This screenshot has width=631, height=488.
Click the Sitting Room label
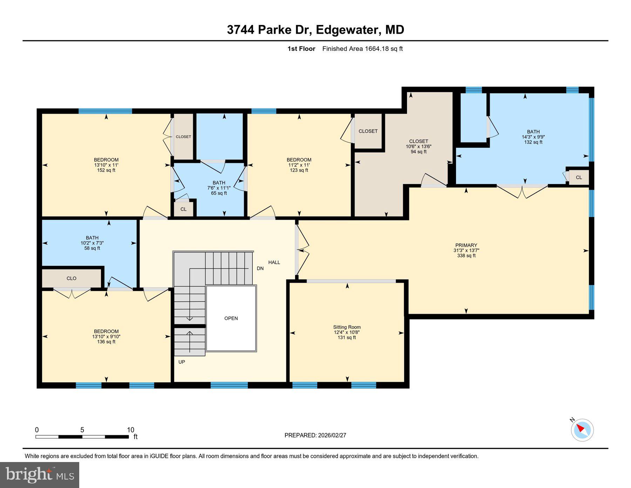pyautogui.click(x=347, y=327)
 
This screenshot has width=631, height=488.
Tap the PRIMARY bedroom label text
pyautogui.click(x=466, y=245)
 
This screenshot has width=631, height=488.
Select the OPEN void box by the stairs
pyautogui.click(x=231, y=318)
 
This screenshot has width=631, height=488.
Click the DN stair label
pyautogui.click(x=260, y=268)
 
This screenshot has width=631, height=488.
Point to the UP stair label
pyautogui.click(x=182, y=362)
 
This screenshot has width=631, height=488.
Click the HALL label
pyautogui.click(x=274, y=262)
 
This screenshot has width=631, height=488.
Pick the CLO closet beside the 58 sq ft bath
pyautogui.click(x=72, y=278)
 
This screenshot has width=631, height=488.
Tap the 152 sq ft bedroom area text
pyautogui.click(x=106, y=170)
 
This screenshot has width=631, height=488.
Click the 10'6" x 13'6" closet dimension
pyautogui.click(x=419, y=146)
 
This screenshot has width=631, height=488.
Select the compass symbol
pyautogui.click(x=582, y=430)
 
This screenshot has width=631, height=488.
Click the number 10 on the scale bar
pyautogui.click(x=130, y=430)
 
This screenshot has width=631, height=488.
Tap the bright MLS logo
pyautogui.click(x=40, y=475)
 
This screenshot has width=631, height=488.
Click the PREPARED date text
pyautogui.click(x=315, y=435)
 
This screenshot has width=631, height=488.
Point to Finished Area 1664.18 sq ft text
pyautogui.click(x=362, y=49)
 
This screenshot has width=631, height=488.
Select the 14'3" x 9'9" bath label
pyautogui.click(x=533, y=137)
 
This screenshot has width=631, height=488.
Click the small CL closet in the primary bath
pyautogui.click(x=579, y=177)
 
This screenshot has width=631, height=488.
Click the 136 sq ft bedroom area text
pyautogui.click(x=106, y=342)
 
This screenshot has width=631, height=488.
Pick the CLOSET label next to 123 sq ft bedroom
pyautogui.click(x=368, y=131)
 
